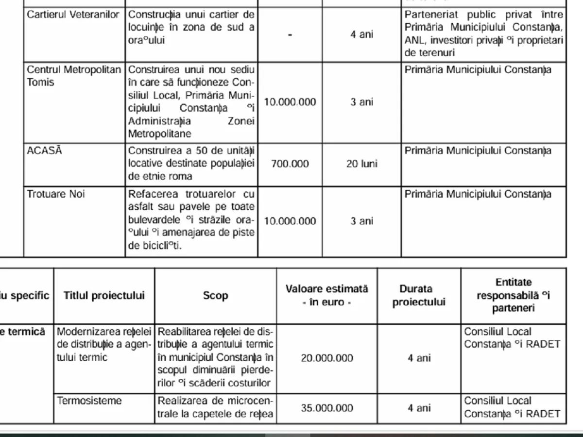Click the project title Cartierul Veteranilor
pyautogui.click(x=73, y=15)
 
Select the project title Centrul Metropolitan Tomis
pyautogui.click(x=74, y=76)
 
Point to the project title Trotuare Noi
pyautogui.click(x=56, y=194)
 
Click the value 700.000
pyautogui.click(x=290, y=164)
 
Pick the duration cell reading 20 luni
pyautogui.click(x=362, y=164)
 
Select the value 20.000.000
pyautogui.click(x=327, y=358)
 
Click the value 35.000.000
pyautogui.click(x=327, y=408)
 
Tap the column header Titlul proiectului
pyautogui.click(x=104, y=296)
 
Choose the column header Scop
pyautogui.click(x=215, y=296)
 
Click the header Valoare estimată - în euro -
pyautogui.click(x=327, y=295)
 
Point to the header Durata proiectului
pyautogui.click(x=419, y=295)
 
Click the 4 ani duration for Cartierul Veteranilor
pyautogui.click(x=362, y=35)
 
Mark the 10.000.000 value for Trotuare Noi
pyautogui.click(x=290, y=221)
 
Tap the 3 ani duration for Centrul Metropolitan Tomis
pyautogui.click(x=362, y=102)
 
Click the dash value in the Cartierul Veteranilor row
pyautogui.click(x=290, y=35)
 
